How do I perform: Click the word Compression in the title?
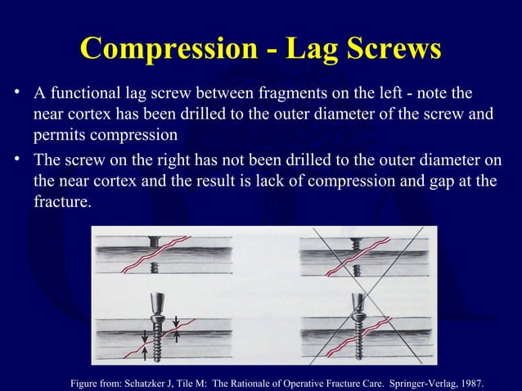[155, 50]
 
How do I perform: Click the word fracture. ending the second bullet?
[59, 200]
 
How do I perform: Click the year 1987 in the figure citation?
[467, 382]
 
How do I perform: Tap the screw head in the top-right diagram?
[358, 241]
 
